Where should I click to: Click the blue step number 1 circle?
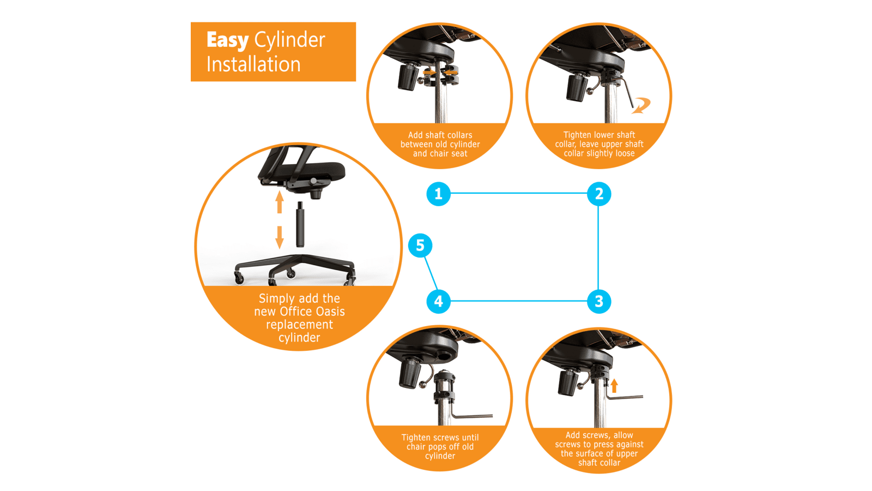click(438, 194)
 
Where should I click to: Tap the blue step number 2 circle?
click(599, 194)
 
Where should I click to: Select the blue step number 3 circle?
click(599, 301)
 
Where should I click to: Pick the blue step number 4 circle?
click(438, 301)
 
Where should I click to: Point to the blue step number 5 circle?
click(420, 245)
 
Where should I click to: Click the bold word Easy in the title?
click(227, 40)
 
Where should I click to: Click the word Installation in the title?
click(253, 64)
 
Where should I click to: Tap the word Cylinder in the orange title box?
click(289, 40)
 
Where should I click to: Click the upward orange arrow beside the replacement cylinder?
click(279, 202)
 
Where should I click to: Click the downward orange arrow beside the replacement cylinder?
click(279, 237)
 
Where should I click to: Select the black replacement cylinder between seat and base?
click(300, 224)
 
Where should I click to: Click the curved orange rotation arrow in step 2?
click(641, 106)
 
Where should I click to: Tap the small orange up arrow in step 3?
click(614, 386)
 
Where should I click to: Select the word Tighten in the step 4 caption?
click(416, 438)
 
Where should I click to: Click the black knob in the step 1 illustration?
click(408, 77)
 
